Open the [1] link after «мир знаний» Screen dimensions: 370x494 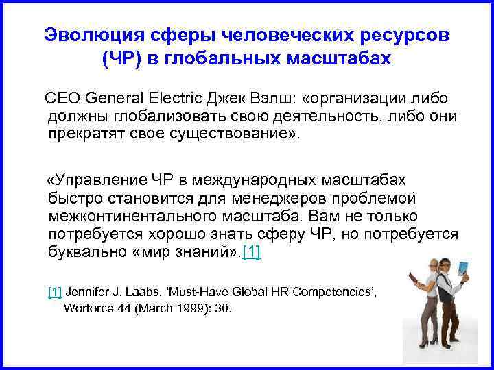252,251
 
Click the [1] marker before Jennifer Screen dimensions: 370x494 55,291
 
